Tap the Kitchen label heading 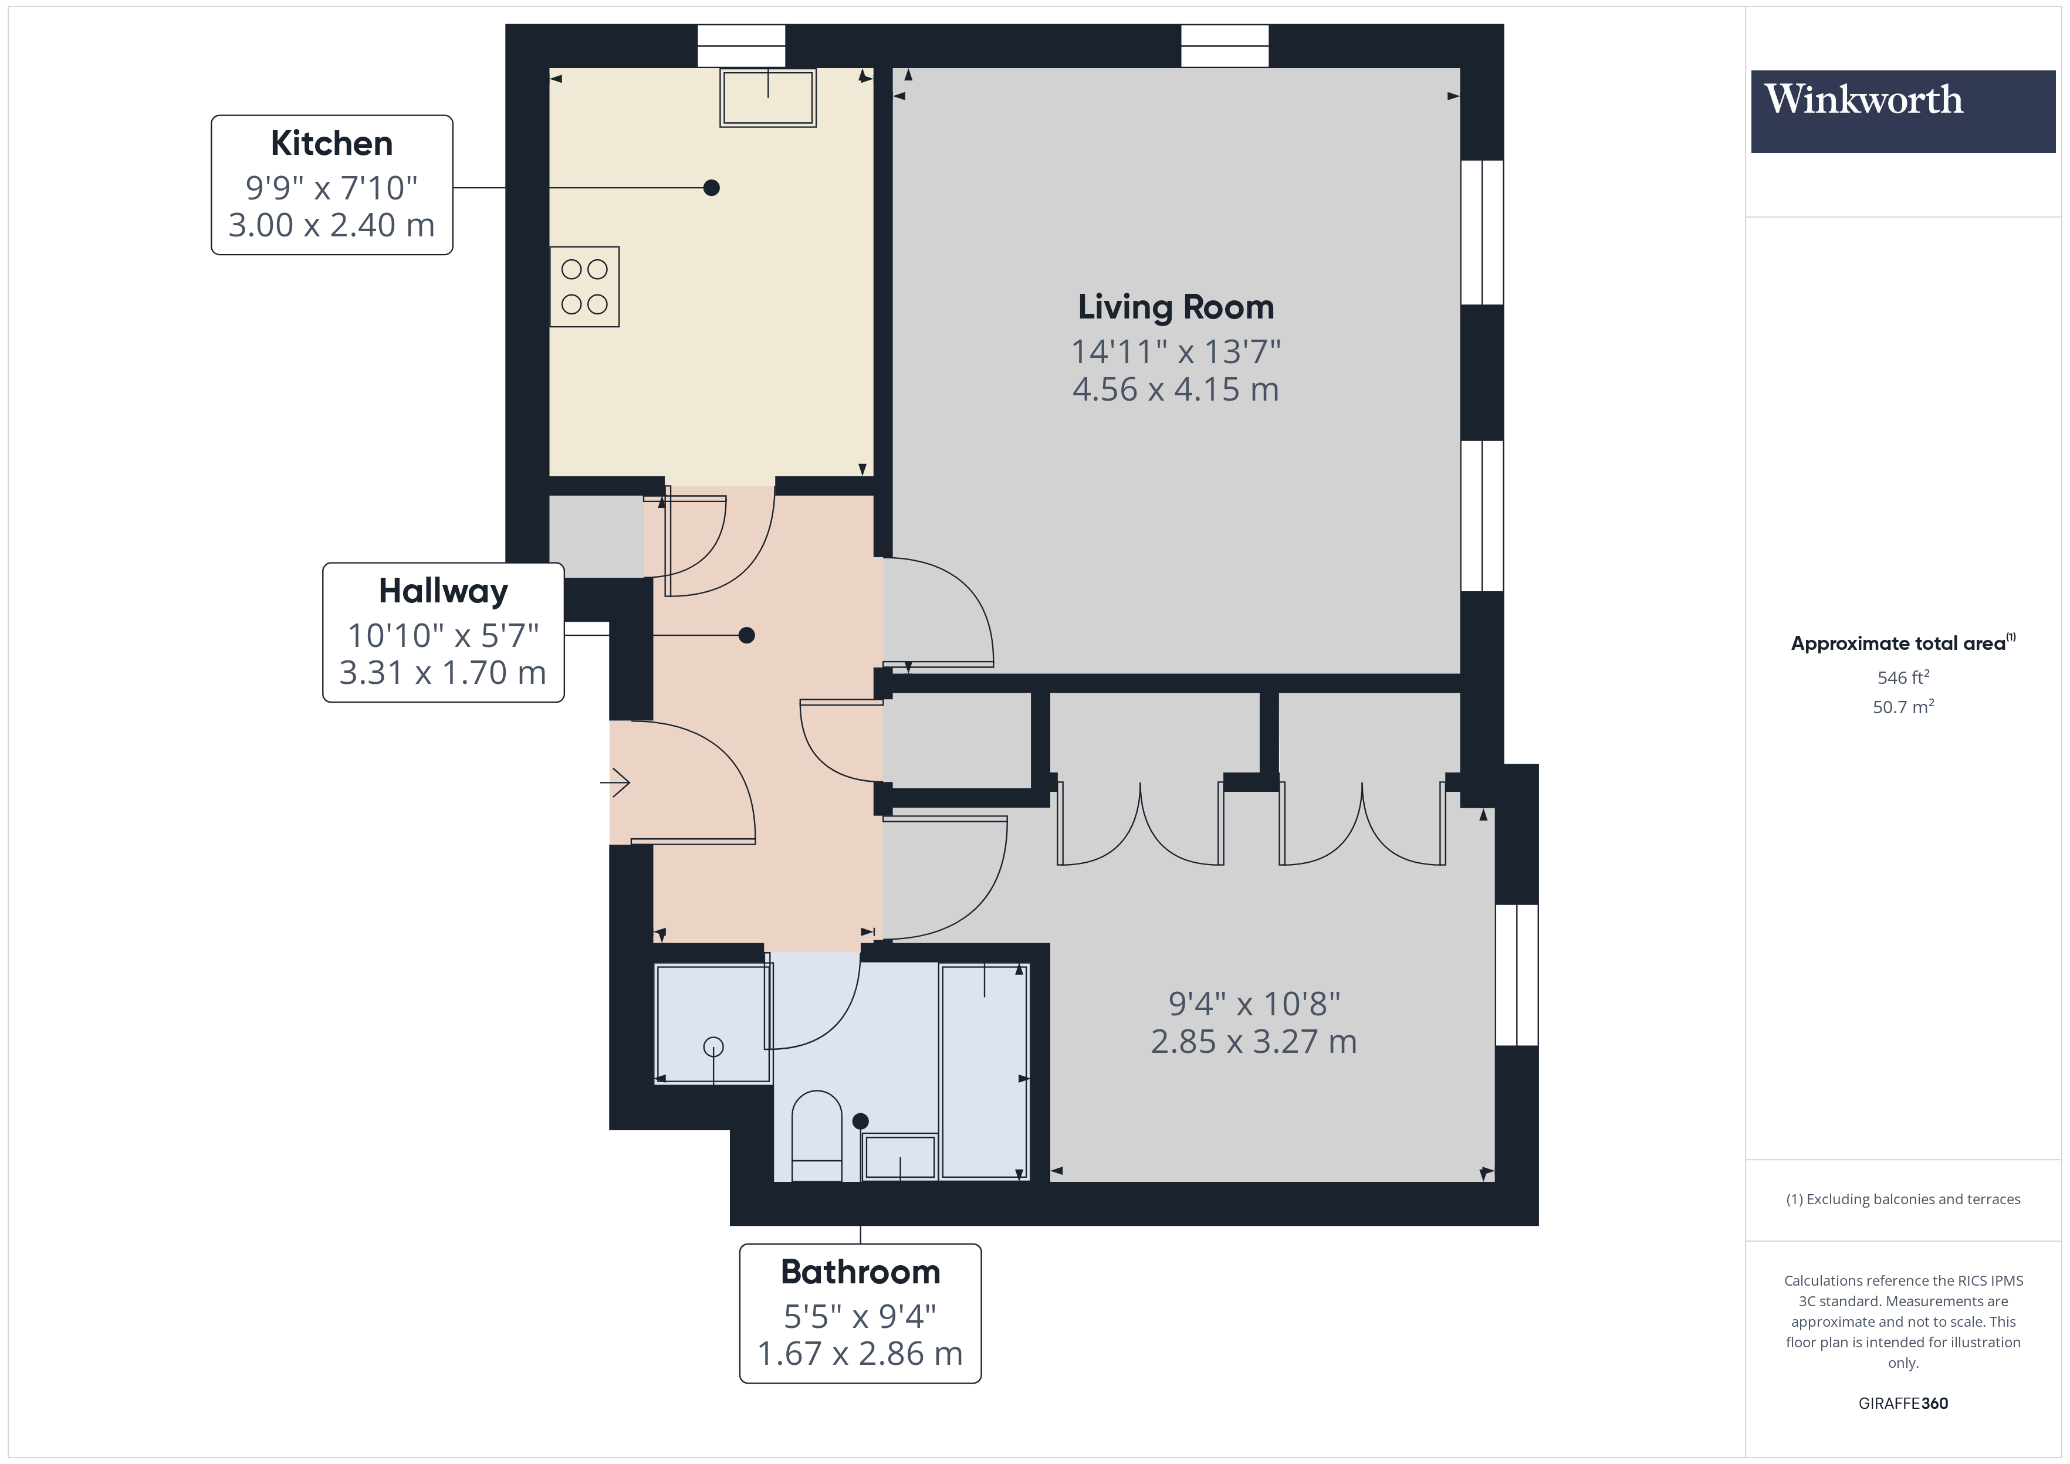[x=331, y=143]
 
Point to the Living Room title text [x=1176, y=307]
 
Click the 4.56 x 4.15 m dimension [x=1176, y=389]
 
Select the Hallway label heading [x=442, y=591]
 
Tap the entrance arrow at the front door [x=615, y=782]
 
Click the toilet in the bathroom [x=816, y=1136]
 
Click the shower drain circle [x=713, y=1046]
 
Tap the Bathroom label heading [x=860, y=1272]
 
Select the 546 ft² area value [x=1902, y=677]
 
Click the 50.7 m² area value [x=1902, y=707]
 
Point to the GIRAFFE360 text [x=1902, y=1404]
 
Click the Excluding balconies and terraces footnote [x=1902, y=1199]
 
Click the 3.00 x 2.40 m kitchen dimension [x=331, y=225]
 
